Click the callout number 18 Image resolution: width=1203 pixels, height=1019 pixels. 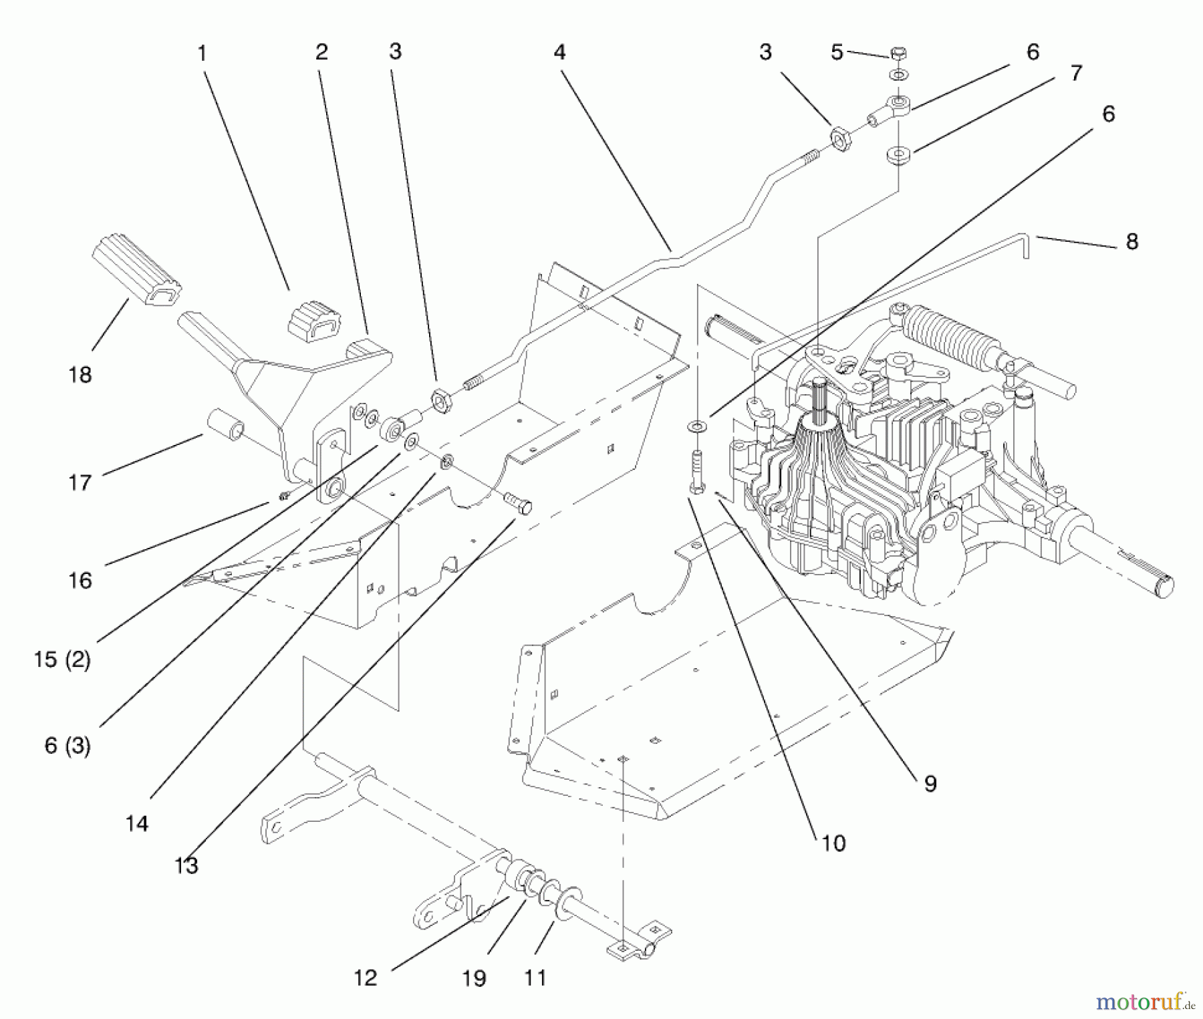(x=80, y=375)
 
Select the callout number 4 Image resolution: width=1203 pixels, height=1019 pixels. (x=559, y=52)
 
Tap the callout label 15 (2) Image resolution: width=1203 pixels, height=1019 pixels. (x=62, y=660)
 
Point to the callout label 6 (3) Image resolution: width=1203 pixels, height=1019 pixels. (x=68, y=745)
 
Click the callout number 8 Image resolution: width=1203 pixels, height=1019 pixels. (x=1131, y=241)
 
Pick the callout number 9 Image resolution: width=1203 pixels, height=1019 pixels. (x=930, y=784)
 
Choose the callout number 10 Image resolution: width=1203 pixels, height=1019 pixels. (x=833, y=843)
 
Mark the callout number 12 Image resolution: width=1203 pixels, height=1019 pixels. (x=366, y=978)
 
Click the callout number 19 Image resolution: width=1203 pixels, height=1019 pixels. (x=474, y=978)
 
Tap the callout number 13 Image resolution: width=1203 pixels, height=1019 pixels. (x=186, y=866)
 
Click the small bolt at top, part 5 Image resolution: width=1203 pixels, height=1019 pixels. (x=899, y=53)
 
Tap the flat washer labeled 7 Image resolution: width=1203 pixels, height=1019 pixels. (x=899, y=156)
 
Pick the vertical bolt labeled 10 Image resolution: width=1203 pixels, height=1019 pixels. (x=696, y=470)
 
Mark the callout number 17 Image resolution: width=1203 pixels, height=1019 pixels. (x=80, y=482)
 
